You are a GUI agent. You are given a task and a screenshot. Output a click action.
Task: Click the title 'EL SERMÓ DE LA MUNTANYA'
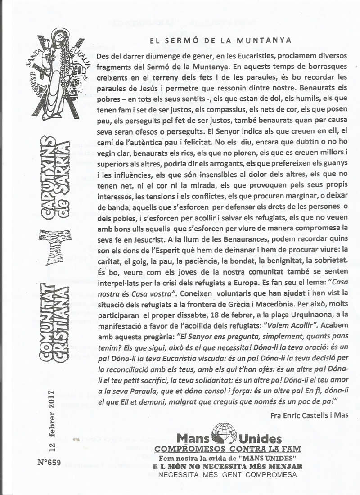(220, 40)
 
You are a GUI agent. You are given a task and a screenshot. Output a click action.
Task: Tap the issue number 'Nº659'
(49, 462)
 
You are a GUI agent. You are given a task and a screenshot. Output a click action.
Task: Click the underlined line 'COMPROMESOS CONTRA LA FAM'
(227, 449)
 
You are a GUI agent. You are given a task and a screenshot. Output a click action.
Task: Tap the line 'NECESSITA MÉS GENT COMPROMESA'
(227, 475)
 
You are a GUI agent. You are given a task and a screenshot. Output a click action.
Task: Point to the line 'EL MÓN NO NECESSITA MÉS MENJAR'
(227, 466)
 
